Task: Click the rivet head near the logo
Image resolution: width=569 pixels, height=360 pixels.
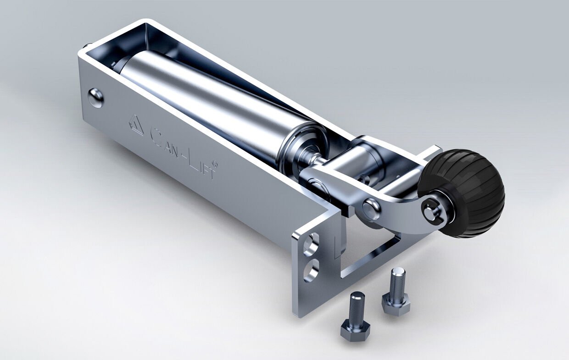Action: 95,97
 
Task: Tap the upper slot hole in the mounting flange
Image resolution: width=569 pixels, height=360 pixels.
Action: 311,244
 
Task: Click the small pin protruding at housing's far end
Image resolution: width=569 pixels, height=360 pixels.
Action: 87,47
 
